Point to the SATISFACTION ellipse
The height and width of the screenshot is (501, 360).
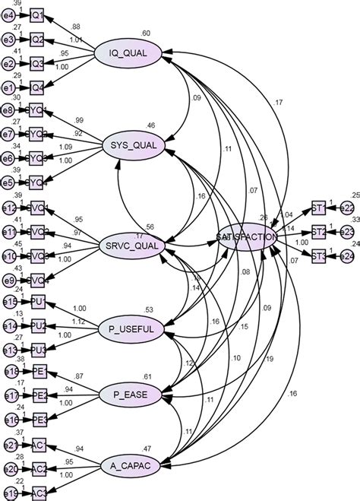pyautogui.click(x=246, y=238)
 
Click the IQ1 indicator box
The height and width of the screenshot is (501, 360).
pyautogui.click(x=37, y=14)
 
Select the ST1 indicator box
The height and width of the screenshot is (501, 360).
pyautogui.click(x=319, y=208)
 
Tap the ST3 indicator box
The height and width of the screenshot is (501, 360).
pyautogui.click(x=319, y=257)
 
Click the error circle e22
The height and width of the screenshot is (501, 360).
pyautogui.click(x=346, y=208)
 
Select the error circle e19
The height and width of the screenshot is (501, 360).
pyautogui.click(x=9, y=493)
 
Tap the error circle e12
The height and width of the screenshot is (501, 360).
pyautogui.click(x=9, y=208)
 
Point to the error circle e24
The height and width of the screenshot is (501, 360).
pyautogui.click(x=346, y=257)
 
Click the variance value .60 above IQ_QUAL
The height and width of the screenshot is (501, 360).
pyautogui.click(x=144, y=33)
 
